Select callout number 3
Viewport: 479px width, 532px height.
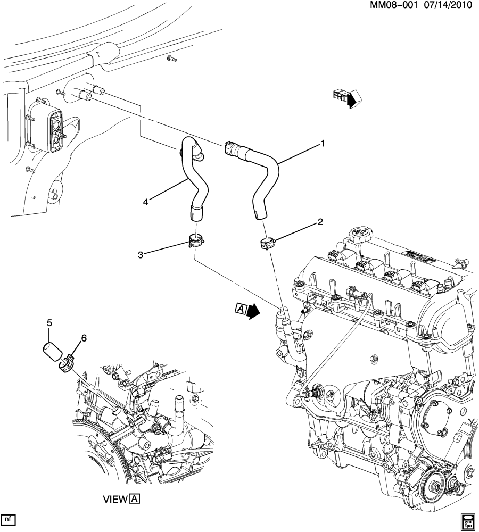(x=141, y=254)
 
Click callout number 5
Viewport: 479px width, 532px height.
(x=49, y=323)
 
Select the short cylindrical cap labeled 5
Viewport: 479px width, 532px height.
(x=52, y=353)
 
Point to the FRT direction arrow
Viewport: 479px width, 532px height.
(x=346, y=97)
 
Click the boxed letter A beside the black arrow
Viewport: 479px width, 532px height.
(x=240, y=309)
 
